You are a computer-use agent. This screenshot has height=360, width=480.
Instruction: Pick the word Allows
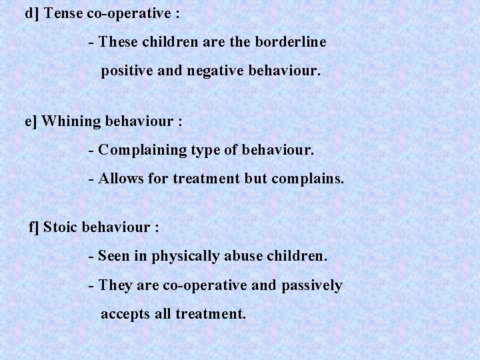click(119, 179)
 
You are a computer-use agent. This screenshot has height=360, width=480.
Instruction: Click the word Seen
click(114, 255)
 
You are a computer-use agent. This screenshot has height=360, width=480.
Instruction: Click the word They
click(115, 286)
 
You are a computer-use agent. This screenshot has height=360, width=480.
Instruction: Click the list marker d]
click(32, 13)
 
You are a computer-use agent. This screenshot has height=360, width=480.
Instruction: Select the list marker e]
click(32, 122)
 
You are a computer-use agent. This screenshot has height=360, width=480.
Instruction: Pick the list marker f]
click(35, 227)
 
